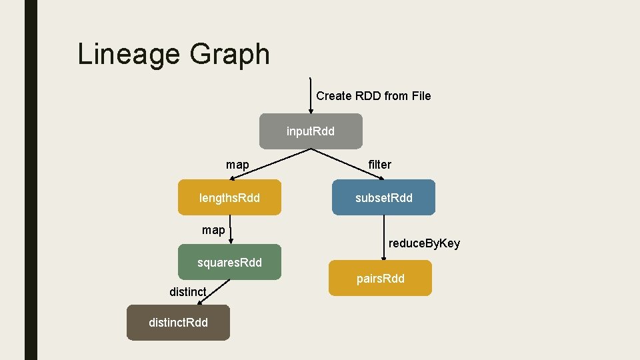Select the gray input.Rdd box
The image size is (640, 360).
pyautogui.click(x=311, y=131)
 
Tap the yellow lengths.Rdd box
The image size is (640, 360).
pyautogui.click(x=229, y=197)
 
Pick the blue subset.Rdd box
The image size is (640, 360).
pyautogui.click(x=383, y=197)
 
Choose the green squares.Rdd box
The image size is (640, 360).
pyautogui.click(x=229, y=262)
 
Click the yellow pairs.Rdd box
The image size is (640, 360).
pyautogui.click(x=380, y=278)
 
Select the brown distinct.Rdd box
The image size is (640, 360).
pyautogui.click(x=178, y=323)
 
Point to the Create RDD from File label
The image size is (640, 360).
pyautogui.click(x=373, y=96)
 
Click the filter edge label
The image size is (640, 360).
pyautogui.click(x=380, y=164)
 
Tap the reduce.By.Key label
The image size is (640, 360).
pyautogui.click(x=424, y=243)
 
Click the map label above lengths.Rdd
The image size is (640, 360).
pyautogui.click(x=237, y=164)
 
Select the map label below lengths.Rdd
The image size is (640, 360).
pyautogui.click(x=213, y=230)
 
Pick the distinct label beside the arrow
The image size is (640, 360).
pyautogui.click(x=187, y=291)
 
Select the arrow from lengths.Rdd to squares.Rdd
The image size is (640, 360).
pyautogui.click(x=230, y=230)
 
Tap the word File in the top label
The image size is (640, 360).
pyautogui.click(x=421, y=96)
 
